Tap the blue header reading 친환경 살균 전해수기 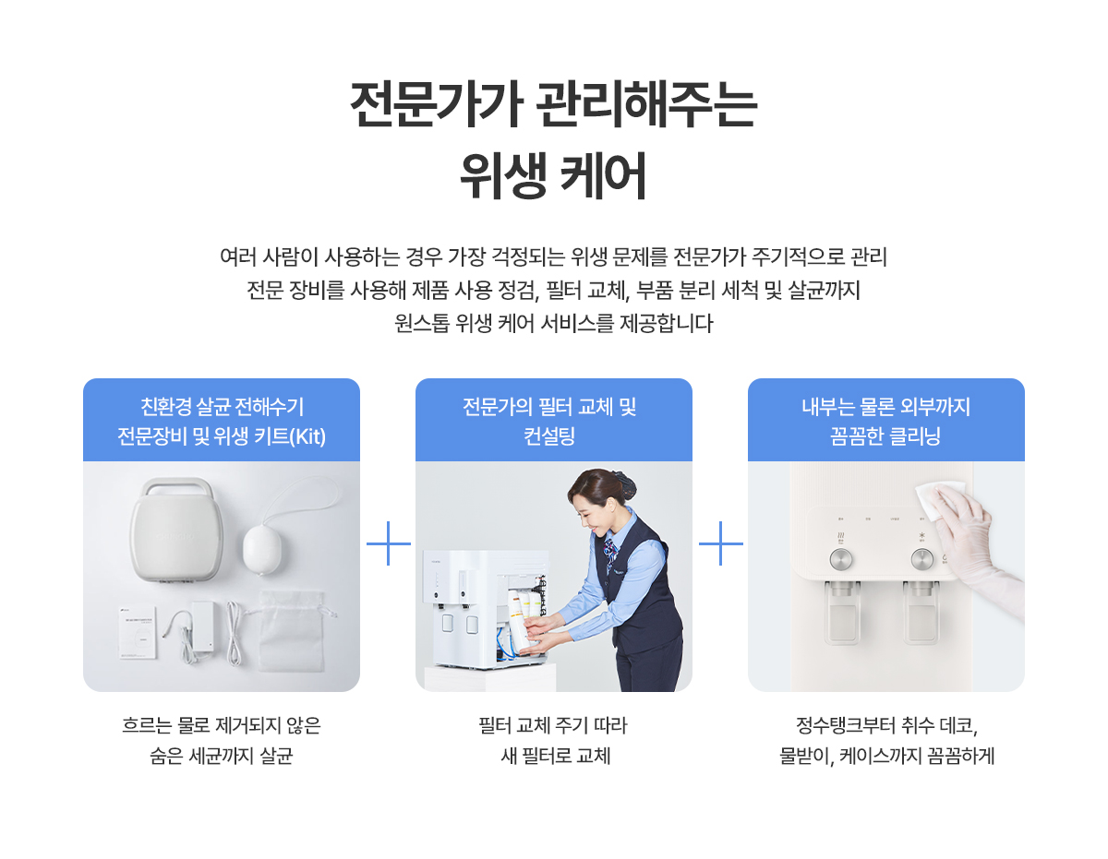[222, 420]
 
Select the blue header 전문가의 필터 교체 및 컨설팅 [554, 420]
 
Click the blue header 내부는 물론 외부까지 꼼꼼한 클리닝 [886, 420]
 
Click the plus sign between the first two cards [388, 544]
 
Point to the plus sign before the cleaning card [720, 544]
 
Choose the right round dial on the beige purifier [921, 559]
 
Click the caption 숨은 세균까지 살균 [222, 758]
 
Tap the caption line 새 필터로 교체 [554, 758]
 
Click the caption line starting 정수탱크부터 [886, 724]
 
